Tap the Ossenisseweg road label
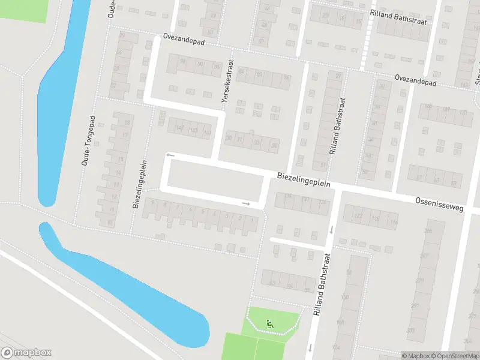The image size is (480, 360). click(440, 203)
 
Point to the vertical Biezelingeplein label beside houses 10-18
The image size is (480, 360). click(139, 184)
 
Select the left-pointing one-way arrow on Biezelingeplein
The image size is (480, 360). click(170, 155)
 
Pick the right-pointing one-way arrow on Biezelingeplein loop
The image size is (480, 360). click(245, 203)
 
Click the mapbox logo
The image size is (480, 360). click(26, 352)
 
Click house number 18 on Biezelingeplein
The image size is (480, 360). click(126, 122)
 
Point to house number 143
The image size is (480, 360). click(193, 130)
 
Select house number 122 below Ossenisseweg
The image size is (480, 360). click(358, 217)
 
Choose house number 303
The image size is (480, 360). click(410, 330)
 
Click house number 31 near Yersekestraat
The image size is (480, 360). click(240, 140)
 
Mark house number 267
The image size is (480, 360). click(425, 256)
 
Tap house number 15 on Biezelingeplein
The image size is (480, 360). click(121, 160)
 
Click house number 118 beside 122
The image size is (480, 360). click(376, 220)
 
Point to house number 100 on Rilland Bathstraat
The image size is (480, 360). click(344, 297)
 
